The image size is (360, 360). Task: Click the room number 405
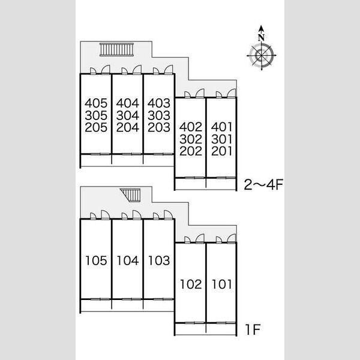click(x=96, y=103)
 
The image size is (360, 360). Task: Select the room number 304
click(x=127, y=115)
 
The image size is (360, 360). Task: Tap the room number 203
click(x=159, y=127)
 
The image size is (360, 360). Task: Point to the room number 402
click(x=191, y=127)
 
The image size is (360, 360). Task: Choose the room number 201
click(x=222, y=151)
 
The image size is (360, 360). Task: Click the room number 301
click(x=222, y=139)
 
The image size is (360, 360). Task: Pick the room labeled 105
click(x=96, y=260)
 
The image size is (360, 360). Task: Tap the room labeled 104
click(x=128, y=260)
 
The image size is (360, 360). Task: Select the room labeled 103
click(x=159, y=260)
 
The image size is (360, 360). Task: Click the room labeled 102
click(x=191, y=284)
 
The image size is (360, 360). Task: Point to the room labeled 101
click(x=222, y=284)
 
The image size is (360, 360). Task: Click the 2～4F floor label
click(x=263, y=184)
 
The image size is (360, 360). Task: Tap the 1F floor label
click(x=253, y=329)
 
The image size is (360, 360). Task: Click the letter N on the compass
click(x=261, y=37)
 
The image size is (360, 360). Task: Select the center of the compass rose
click(x=262, y=55)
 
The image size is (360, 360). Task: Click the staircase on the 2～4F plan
click(x=116, y=49)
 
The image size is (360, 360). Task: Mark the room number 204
click(x=127, y=127)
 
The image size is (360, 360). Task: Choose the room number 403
click(x=159, y=103)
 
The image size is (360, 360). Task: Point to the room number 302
click(x=191, y=139)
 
